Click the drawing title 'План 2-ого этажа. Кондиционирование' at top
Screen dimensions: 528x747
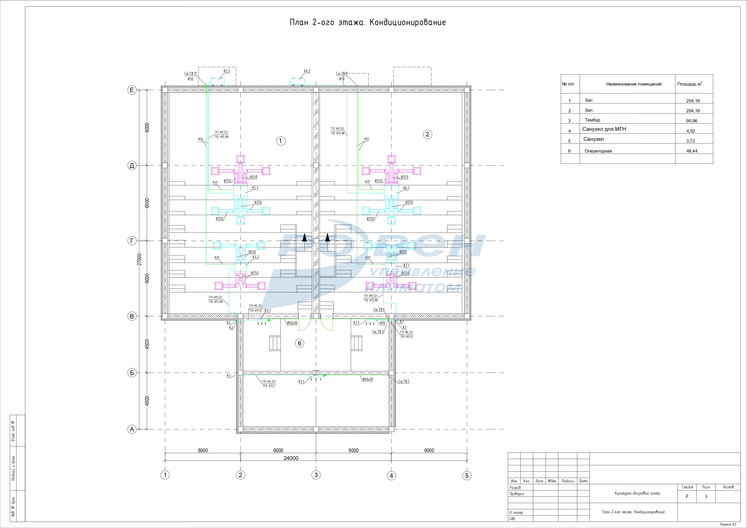tap(368, 22)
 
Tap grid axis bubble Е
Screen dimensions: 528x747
tap(132, 90)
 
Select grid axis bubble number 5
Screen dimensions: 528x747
tap(467, 475)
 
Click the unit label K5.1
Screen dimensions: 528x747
tap(255, 188)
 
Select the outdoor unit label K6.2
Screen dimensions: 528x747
tap(307, 71)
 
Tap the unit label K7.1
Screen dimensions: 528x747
tap(406, 265)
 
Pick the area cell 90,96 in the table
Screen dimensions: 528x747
tap(692, 121)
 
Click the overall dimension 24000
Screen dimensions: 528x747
tap(291, 458)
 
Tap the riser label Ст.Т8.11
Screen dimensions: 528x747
tap(190, 74)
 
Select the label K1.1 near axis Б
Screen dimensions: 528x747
tap(301, 382)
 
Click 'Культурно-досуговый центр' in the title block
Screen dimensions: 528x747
tap(637, 493)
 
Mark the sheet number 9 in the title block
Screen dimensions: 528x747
tap(706, 497)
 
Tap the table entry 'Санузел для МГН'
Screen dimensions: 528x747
tap(604, 129)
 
